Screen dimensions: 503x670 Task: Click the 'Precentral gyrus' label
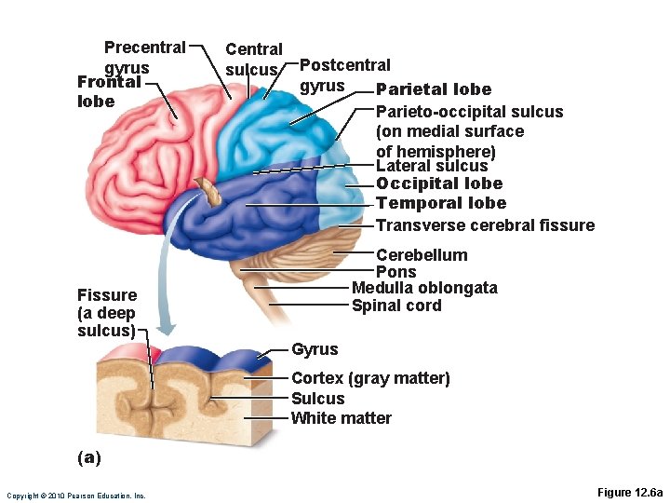tap(144, 57)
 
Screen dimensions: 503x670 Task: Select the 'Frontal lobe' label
tap(109, 90)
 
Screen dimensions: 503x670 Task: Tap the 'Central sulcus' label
tap(254, 59)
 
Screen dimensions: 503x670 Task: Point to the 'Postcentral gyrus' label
tap(344, 75)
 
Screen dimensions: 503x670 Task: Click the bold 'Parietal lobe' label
tap(433, 89)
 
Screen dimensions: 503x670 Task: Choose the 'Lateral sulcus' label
tap(432, 166)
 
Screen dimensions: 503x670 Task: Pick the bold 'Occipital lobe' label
tap(439, 184)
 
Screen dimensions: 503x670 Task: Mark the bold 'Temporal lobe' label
tap(441, 203)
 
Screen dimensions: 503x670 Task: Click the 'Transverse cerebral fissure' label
tap(485, 224)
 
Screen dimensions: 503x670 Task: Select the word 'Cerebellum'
tap(422, 254)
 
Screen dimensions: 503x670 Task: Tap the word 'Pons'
tap(395, 272)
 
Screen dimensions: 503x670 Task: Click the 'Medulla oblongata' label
tap(424, 288)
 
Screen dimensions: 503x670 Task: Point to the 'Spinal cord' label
tap(396, 306)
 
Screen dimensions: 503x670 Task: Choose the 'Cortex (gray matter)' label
tap(370, 378)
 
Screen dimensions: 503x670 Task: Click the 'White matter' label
tap(342, 418)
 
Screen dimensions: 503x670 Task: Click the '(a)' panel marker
tap(89, 457)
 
